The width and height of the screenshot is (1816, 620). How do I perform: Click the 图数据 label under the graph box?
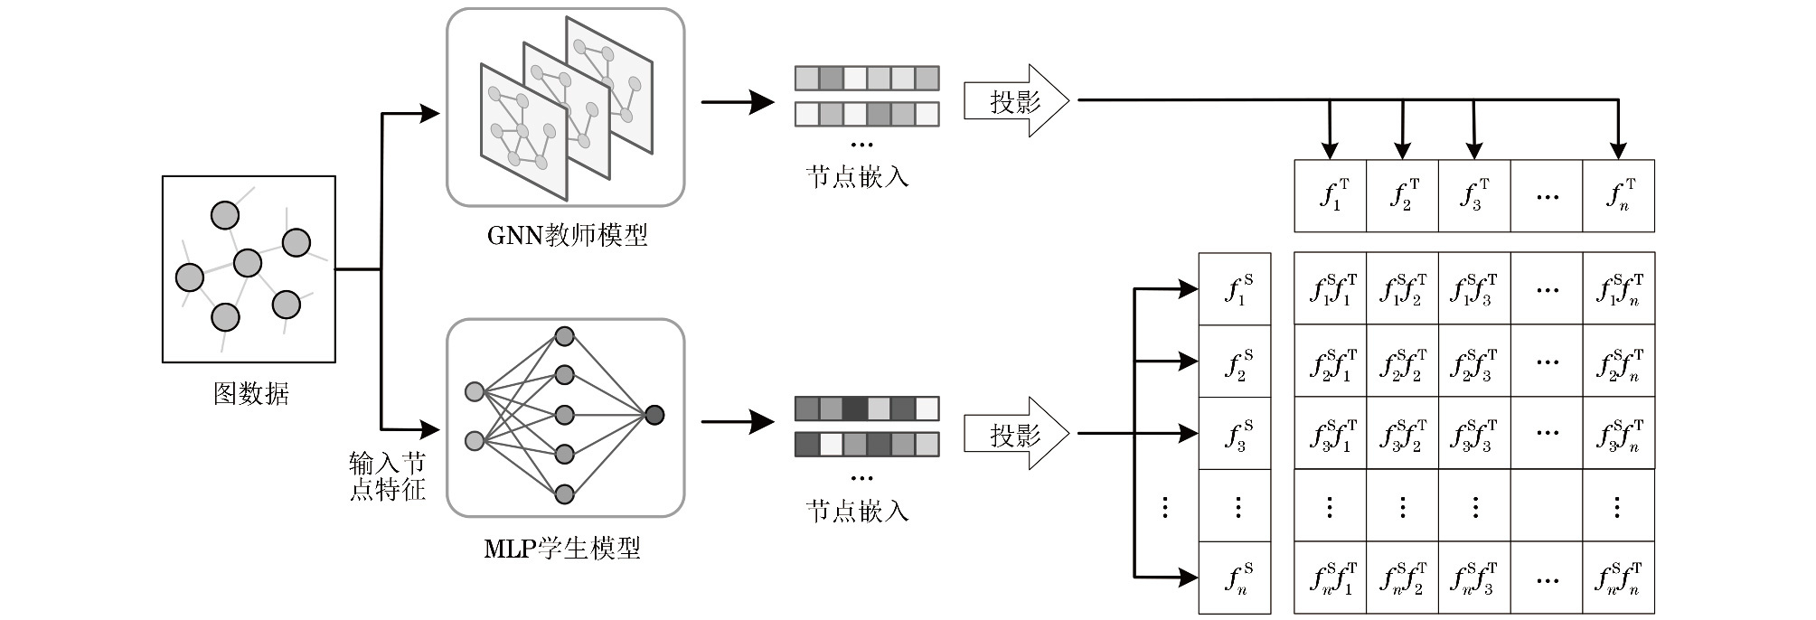250,394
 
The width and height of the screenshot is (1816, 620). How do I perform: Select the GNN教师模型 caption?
567,236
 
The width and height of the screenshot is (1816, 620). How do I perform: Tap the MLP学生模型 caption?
562,549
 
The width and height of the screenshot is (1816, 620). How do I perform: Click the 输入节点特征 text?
388,476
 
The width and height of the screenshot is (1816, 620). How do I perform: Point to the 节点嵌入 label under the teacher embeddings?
857,175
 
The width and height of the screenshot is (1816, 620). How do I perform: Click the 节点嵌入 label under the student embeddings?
857,512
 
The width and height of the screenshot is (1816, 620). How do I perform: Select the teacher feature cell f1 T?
1330,196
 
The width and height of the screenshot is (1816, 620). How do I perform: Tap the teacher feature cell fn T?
1618,196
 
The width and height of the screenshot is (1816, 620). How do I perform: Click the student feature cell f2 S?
1235,362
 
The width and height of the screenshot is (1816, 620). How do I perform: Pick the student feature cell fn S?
1235,578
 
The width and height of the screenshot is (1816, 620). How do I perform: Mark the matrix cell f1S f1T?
1330,289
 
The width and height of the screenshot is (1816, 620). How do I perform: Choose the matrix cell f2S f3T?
1474,362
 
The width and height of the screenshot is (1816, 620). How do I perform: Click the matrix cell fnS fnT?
1618,578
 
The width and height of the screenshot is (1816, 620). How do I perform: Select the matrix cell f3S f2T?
1402,434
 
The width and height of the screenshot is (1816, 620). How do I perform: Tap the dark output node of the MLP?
654,416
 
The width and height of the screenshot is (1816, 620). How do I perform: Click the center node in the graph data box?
247,263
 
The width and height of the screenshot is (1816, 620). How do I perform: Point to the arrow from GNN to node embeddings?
738,102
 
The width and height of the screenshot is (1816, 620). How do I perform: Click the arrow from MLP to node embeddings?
738,421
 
